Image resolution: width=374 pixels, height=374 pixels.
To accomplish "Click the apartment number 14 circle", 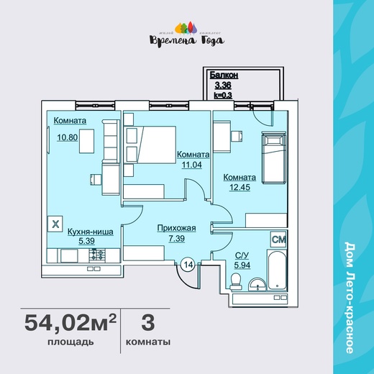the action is click(188, 265).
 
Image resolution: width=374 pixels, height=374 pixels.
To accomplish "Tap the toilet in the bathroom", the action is click(236, 282).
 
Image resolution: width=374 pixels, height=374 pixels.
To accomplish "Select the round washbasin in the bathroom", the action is click(257, 285).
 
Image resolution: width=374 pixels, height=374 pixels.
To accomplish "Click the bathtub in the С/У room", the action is click(277, 270).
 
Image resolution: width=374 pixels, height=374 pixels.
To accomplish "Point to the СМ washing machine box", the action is click(278, 239).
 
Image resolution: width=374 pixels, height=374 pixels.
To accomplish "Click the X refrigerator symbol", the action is click(55, 224).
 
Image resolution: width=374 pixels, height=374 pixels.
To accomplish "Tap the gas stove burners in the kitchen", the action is click(97, 255).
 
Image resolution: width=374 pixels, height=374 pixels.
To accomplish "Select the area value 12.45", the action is click(240, 187).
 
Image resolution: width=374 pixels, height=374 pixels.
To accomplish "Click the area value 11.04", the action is click(192, 165).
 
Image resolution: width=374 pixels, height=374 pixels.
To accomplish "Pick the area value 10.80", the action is click(68, 137).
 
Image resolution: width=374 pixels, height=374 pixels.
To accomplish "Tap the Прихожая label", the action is click(177, 228).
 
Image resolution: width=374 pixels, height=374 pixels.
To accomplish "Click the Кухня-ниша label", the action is click(91, 232).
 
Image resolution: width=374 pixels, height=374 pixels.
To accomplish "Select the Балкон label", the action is click(224, 76).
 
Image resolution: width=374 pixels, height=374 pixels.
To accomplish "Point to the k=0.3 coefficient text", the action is click(223, 96).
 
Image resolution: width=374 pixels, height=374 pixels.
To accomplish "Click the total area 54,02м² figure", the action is click(70, 323).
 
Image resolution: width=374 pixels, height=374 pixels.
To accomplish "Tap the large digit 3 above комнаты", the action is click(148, 322).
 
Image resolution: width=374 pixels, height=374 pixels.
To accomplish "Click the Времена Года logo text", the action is click(187, 40).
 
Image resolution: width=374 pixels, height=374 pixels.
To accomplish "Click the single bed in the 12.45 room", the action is click(274, 158).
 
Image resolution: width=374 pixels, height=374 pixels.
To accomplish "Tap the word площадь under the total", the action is click(70, 342).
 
